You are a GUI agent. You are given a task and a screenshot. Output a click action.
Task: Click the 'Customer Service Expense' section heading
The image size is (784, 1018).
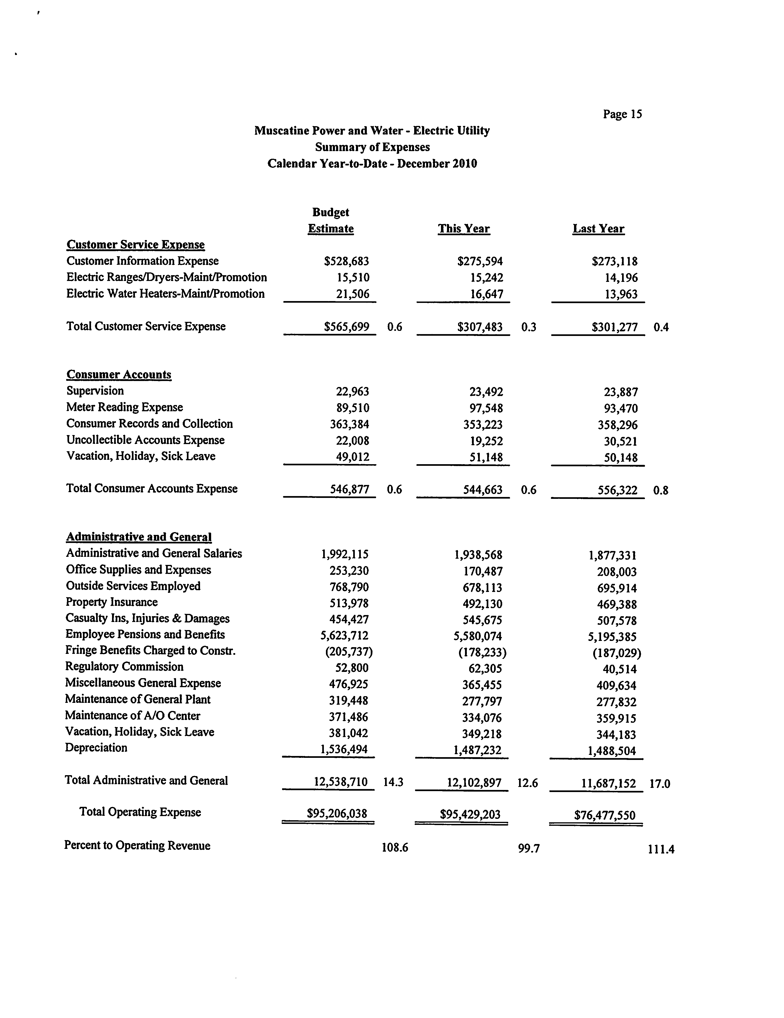coord(136,245)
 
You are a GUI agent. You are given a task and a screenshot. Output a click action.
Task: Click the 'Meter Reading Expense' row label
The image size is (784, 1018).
coord(125,407)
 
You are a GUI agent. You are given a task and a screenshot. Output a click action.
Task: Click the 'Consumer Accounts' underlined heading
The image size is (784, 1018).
coord(119,375)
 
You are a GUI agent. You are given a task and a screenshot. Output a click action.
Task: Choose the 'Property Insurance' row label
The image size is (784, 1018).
coord(112,602)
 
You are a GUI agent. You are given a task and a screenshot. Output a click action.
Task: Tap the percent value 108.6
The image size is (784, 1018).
coord(395,847)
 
